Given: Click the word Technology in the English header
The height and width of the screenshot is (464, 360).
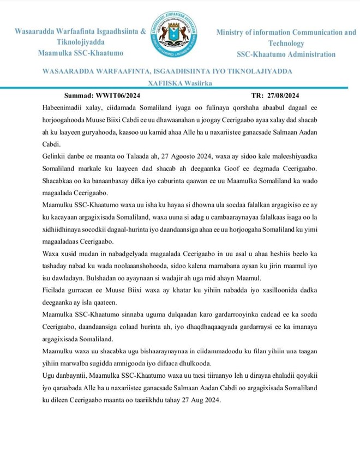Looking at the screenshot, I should [286, 43].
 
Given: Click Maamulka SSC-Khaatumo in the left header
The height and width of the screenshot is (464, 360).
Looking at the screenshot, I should [81, 53].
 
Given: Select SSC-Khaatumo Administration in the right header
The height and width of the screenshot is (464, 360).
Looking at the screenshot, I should [286, 54].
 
